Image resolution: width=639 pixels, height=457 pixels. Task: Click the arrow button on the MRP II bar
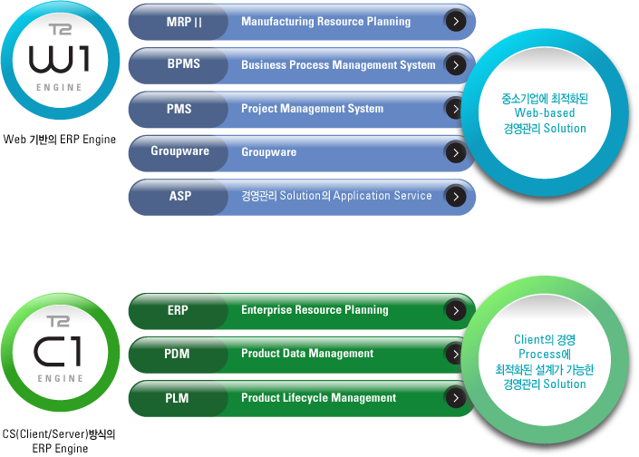[456, 21]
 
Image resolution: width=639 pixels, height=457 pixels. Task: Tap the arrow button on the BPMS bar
[456, 64]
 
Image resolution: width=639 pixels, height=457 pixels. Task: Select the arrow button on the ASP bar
[456, 197]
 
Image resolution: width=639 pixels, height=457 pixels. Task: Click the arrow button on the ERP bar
[456, 311]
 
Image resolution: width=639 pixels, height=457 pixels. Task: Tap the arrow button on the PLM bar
[456, 397]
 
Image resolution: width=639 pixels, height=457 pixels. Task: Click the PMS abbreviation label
[179, 109]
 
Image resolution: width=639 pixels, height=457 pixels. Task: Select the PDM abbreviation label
[177, 354]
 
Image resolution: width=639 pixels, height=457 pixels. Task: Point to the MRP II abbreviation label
[184, 22]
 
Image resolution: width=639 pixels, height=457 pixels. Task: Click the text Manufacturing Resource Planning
[326, 22]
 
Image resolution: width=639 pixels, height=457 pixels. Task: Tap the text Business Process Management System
[338, 65]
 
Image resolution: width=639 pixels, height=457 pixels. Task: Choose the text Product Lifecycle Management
[319, 397]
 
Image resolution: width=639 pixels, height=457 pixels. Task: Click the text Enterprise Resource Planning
[315, 310]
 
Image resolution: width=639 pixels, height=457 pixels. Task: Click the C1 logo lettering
[57, 351]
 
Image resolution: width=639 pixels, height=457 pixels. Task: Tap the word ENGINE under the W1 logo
[59, 87]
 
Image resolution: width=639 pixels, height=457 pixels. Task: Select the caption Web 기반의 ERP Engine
[60, 140]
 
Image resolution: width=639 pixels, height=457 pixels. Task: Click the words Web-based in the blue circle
[545, 113]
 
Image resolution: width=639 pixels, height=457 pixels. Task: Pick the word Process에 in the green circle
[545, 354]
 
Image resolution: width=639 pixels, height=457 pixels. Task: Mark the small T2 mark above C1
[58, 321]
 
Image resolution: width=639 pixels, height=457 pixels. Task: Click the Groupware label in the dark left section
[179, 151]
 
